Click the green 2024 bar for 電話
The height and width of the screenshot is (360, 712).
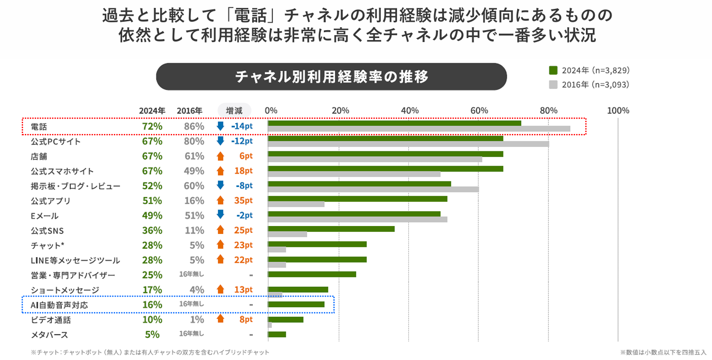click(394, 123)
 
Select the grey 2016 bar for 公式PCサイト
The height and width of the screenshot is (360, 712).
click(408, 144)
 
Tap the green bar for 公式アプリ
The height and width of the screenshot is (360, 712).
click(357, 199)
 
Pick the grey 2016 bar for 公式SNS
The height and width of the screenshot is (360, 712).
click(287, 234)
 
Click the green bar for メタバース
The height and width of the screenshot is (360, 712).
click(277, 334)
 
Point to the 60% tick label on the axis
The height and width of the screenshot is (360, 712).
click(479, 110)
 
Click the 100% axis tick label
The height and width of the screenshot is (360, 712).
click(618, 110)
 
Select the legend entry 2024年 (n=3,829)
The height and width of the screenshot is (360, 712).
click(590, 70)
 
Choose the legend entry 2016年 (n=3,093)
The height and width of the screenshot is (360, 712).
click(590, 85)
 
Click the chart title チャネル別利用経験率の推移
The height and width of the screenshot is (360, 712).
click(331, 77)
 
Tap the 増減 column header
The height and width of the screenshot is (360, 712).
click(234, 110)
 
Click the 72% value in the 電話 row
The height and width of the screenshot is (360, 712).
click(152, 127)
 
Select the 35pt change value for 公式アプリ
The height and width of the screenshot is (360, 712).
click(243, 201)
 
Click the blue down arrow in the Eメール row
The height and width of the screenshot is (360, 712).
click(221, 215)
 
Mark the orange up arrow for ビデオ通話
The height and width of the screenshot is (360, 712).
click(221, 319)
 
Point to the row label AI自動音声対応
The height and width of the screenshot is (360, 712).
click(59, 305)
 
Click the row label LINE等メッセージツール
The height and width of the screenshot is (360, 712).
click(75, 260)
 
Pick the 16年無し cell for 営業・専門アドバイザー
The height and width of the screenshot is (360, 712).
click(191, 274)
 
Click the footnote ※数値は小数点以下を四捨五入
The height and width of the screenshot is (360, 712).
click(663, 352)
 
